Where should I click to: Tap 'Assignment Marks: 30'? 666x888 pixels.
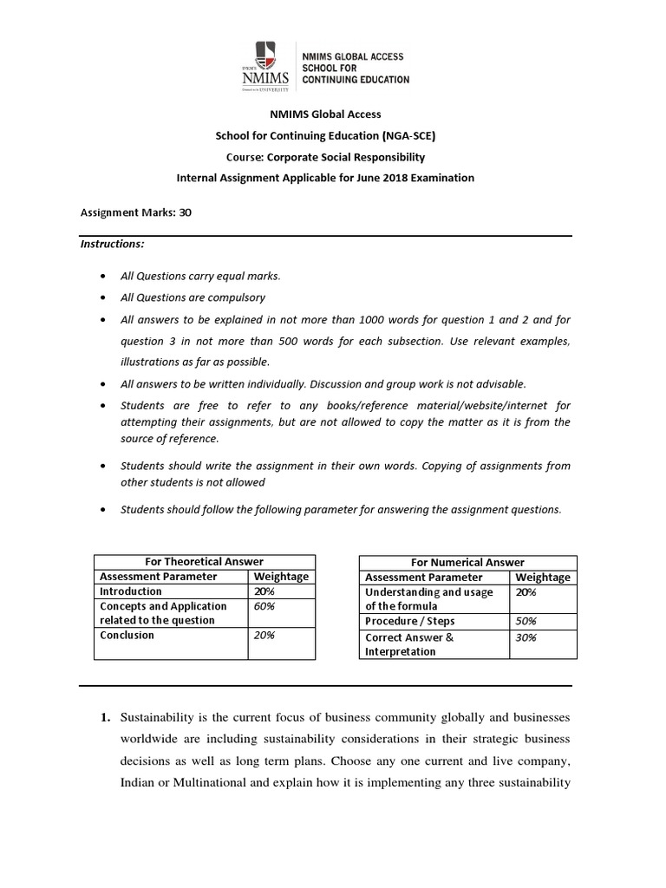pos(134,212)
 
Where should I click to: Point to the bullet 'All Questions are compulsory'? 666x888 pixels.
pos(193,297)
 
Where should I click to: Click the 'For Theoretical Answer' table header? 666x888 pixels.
pos(205,562)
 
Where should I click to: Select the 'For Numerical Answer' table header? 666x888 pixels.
pos(467,562)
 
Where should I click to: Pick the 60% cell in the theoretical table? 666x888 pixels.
pos(263,606)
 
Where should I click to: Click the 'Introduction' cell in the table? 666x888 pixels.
pos(131,591)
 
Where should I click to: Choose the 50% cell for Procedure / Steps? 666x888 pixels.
pos(526,622)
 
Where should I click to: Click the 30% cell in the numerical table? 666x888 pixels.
pos(526,637)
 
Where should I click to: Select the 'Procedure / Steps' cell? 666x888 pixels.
pos(409,622)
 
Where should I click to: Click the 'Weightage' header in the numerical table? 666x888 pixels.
pos(543,577)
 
